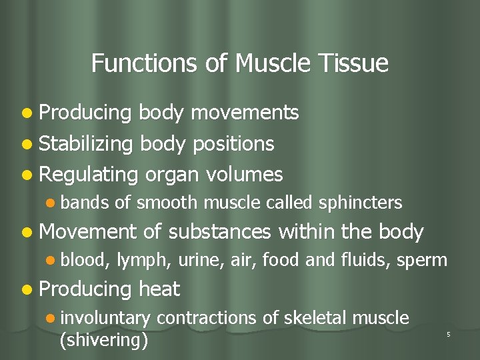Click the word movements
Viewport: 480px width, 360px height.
(x=245, y=113)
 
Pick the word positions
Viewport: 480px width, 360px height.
(x=231, y=144)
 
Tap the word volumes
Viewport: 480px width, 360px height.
(x=245, y=175)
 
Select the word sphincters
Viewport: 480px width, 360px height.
(x=361, y=203)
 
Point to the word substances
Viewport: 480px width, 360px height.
(x=220, y=232)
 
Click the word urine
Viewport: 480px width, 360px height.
(x=197, y=261)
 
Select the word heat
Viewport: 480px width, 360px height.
(x=159, y=289)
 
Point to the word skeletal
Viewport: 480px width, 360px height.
(x=312, y=318)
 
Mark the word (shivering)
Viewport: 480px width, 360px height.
(x=103, y=340)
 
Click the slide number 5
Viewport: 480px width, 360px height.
(x=448, y=334)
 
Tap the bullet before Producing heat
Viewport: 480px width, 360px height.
(x=26, y=290)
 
